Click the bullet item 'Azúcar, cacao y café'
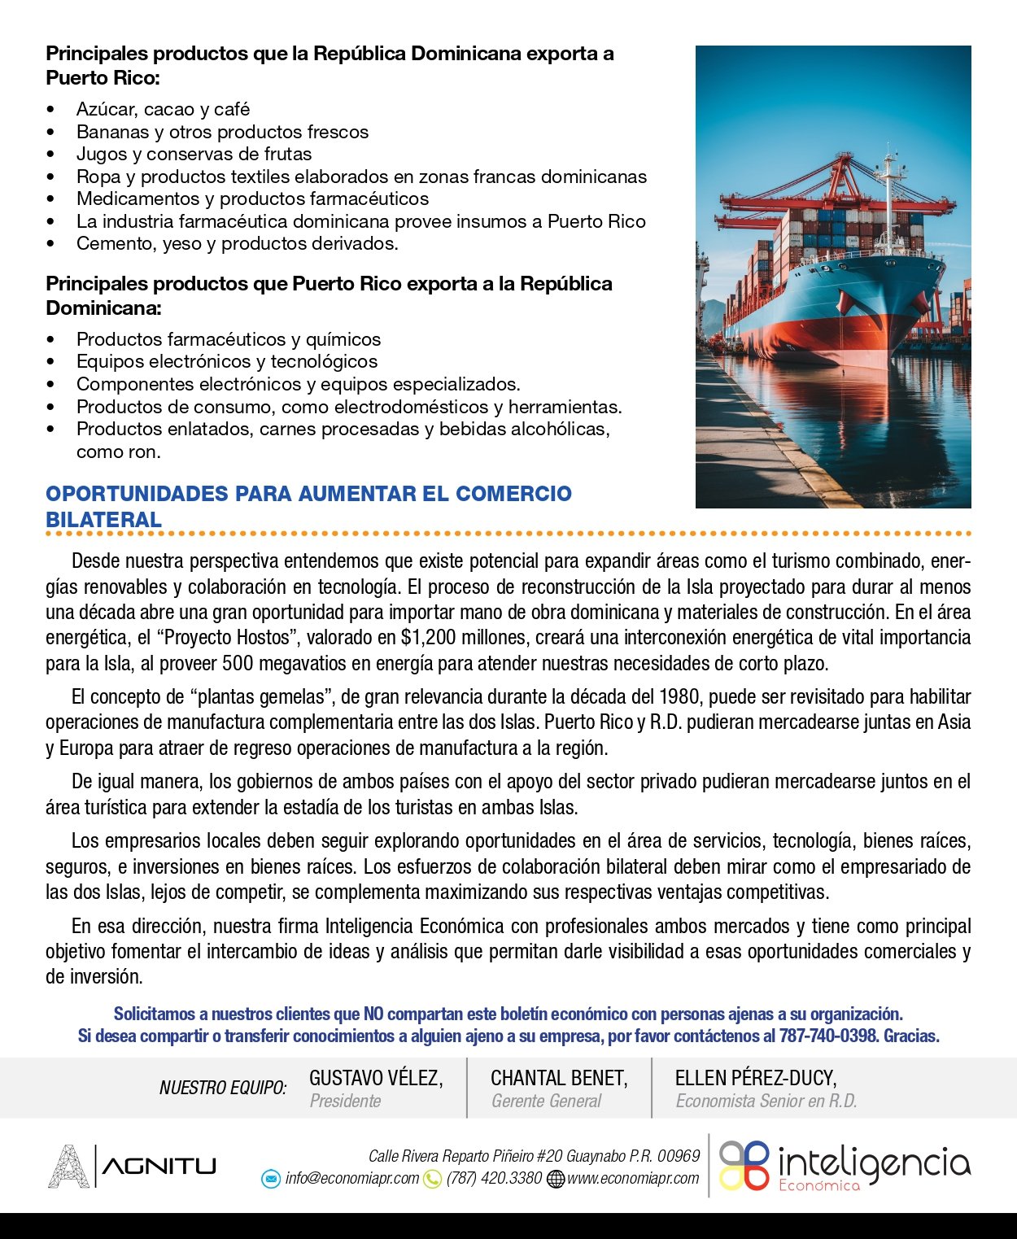163,109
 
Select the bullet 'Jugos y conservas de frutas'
194,154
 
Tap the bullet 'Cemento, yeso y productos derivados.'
237,243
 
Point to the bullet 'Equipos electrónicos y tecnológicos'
227,361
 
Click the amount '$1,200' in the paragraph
426,637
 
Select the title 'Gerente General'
546,1101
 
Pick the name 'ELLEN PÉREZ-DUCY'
755,1078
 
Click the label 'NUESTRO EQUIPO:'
223,1088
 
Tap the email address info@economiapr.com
351,1178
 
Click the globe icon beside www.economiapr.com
556,1178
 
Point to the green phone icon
433,1178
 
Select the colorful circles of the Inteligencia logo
744,1165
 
